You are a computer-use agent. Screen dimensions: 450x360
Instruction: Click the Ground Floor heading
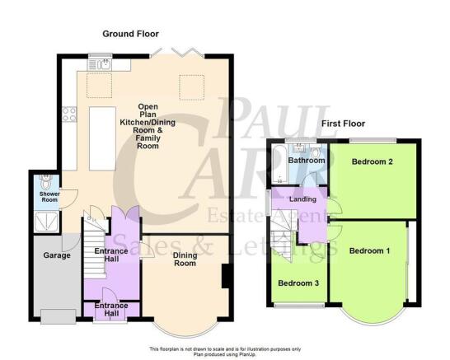point(130,34)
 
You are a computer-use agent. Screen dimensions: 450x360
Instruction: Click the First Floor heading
point(343,124)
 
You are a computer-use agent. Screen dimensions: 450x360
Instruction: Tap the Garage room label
point(57,255)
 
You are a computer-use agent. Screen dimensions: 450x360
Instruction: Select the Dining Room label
point(185,259)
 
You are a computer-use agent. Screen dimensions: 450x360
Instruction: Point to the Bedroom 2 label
point(373,161)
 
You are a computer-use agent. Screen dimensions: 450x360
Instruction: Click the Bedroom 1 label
point(369,251)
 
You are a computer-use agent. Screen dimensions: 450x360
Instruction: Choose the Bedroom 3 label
point(298,283)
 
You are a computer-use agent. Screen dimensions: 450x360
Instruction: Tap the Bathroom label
point(307,161)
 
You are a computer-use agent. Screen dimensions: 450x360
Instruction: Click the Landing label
point(302,199)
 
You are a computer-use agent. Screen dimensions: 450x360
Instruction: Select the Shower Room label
point(49,197)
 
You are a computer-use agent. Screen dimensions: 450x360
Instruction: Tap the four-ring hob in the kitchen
point(69,115)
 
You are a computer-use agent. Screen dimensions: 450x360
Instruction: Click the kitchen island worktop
point(102,139)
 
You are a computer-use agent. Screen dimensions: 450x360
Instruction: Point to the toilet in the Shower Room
point(46,181)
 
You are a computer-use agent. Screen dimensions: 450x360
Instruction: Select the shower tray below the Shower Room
point(46,222)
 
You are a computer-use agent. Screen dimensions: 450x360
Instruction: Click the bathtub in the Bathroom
point(279,164)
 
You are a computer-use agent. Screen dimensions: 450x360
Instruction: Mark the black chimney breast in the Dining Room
point(226,276)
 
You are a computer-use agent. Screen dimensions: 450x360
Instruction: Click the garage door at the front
point(59,316)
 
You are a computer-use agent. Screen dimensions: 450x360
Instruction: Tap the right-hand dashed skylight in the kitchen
point(192,87)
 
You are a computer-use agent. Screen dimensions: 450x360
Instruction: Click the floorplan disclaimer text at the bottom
point(225,352)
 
